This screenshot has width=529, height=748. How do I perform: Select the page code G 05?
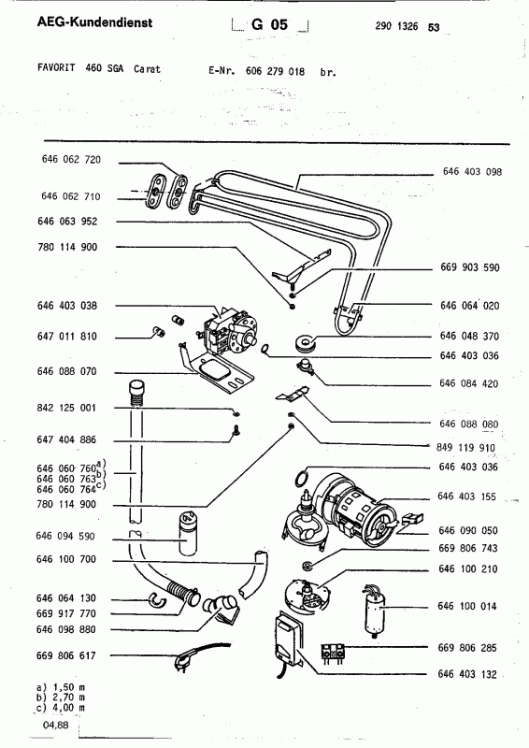coord(268,26)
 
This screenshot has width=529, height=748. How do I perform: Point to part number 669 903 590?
coord(469,267)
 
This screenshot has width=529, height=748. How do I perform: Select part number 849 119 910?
coord(469,446)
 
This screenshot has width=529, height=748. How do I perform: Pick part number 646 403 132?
coord(469,673)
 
